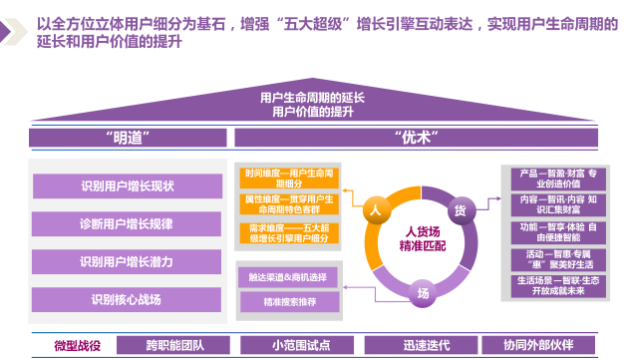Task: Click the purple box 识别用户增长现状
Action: [x=127, y=186]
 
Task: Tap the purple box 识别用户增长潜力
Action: [x=127, y=261]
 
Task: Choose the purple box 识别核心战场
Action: [x=127, y=299]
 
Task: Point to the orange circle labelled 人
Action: [x=375, y=210]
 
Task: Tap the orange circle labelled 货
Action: [x=460, y=210]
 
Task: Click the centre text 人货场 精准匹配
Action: [x=418, y=236]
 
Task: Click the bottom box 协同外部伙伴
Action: [x=539, y=345]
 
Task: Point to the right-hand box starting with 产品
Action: [x=556, y=179]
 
